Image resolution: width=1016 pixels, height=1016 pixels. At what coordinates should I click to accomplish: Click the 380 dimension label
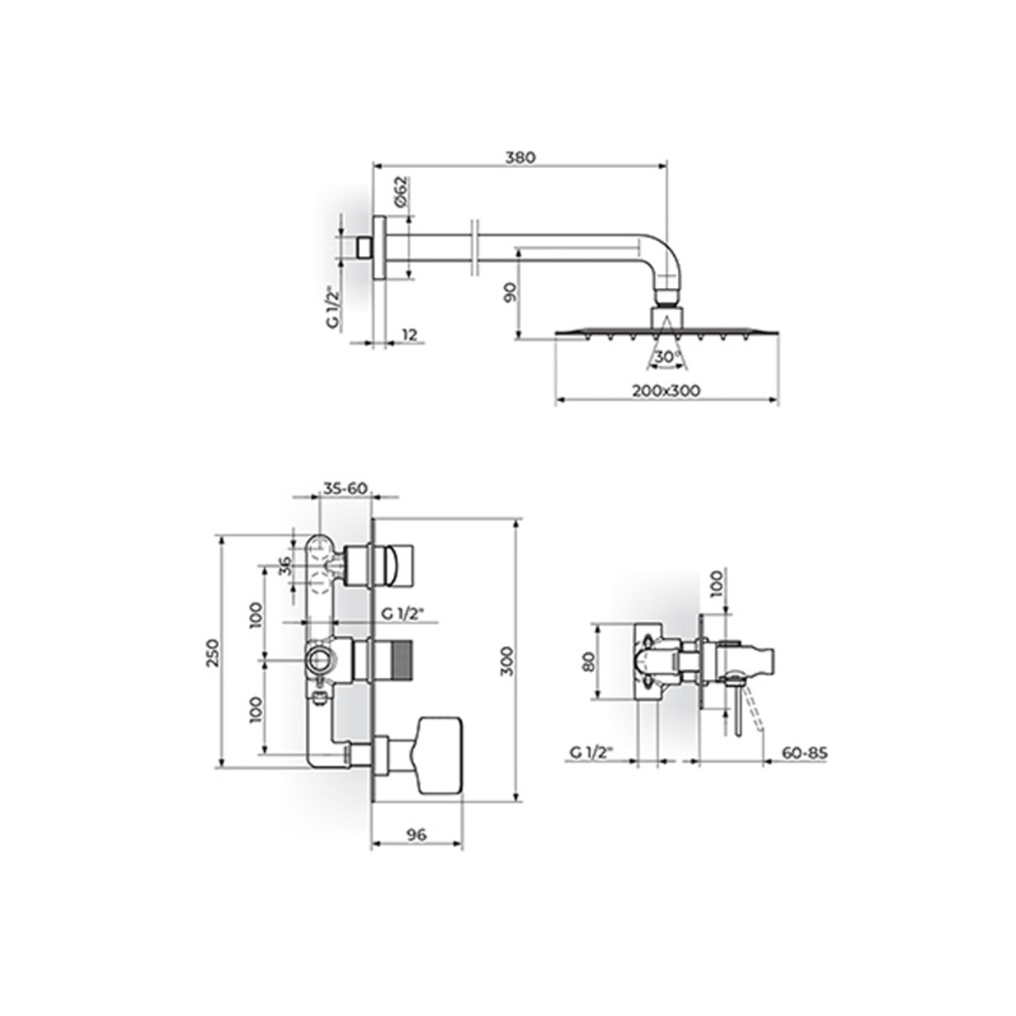click(x=521, y=157)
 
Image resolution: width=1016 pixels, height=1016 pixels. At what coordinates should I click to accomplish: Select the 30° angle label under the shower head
click(x=666, y=357)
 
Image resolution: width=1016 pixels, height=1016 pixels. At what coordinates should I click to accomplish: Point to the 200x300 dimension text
click(x=666, y=390)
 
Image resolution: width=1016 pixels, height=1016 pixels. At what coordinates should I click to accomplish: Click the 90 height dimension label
click(x=510, y=291)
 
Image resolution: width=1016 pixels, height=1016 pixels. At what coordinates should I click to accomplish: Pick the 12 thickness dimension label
click(x=409, y=334)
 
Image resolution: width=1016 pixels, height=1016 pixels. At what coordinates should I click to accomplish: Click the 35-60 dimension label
click(x=345, y=489)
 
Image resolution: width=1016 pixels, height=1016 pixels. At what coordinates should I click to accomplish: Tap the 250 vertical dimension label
click(x=213, y=653)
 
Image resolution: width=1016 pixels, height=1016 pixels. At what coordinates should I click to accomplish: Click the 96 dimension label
click(x=417, y=835)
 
